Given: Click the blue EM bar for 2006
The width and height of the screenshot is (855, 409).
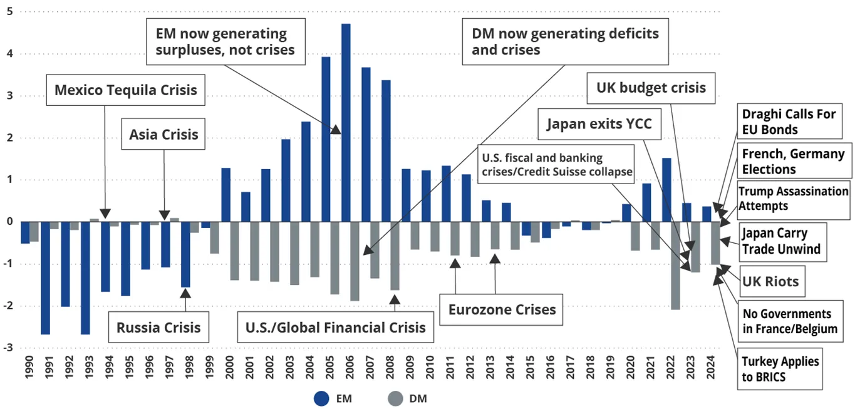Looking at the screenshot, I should coord(346,123).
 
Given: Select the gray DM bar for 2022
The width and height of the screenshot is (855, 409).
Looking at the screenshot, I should coord(675,266).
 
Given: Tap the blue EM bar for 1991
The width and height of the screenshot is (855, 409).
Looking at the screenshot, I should coord(45,278).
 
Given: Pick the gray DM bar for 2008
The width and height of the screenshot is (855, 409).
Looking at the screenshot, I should coord(395,256).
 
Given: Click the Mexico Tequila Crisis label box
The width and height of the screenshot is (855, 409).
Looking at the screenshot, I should coord(126,90).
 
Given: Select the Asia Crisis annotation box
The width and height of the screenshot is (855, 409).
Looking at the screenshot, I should coord(163,134).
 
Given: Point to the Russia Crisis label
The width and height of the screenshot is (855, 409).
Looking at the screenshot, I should coord(158,327).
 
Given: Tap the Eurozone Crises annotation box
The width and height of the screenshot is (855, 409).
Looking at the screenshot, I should coord(502,309).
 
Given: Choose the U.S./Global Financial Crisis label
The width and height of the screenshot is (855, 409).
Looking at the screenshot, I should coord(334,327).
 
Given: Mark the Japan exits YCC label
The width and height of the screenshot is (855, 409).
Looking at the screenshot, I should coord(599,124).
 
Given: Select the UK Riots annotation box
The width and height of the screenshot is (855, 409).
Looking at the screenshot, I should coord(770,281).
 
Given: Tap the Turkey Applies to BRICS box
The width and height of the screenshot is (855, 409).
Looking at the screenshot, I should coord(780,369).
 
